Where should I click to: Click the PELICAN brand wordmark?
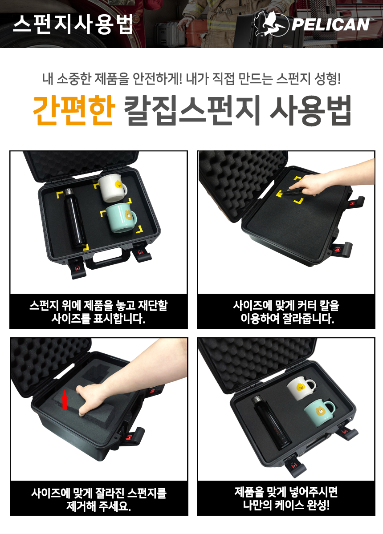pos(330,25)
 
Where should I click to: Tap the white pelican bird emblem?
pos(271,24)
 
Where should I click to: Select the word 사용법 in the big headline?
pos(311,110)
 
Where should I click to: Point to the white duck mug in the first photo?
pos(112,188)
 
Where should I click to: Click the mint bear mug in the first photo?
pos(121,218)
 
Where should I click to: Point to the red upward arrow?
pos(64,401)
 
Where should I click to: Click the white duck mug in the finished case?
pos(301,388)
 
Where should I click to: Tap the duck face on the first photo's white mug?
pos(118,184)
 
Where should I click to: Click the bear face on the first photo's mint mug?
pos(129,215)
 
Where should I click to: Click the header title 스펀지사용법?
pos(73,24)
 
